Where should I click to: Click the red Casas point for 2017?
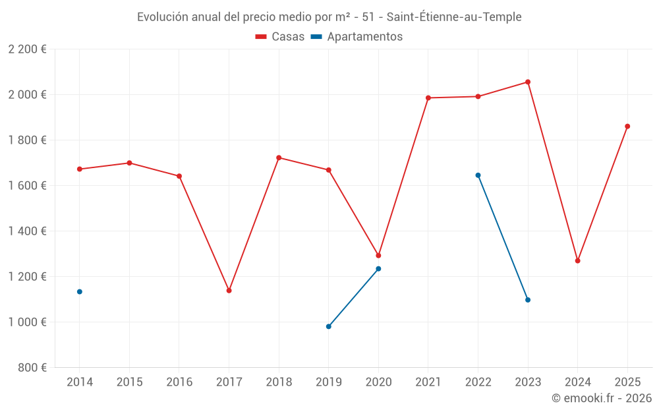[x=229, y=291]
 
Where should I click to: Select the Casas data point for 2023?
[x=528, y=82]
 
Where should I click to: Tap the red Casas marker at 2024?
[x=577, y=261]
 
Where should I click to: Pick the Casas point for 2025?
[x=627, y=126]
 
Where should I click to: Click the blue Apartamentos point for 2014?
[x=80, y=291]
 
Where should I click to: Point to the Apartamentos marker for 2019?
[x=328, y=326]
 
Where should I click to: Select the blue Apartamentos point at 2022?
[x=478, y=175]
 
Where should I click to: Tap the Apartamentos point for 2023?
[x=528, y=300]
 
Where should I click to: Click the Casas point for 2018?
[x=279, y=158]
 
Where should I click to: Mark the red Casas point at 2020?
[x=378, y=256]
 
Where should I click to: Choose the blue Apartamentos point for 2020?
[x=378, y=269]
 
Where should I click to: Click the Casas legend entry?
[x=280, y=37]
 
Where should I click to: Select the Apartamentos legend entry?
[x=357, y=37]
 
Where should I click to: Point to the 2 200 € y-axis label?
[x=27, y=49]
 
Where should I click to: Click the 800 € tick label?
[x=32, y=368]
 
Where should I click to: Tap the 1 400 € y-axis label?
[x=27, y=231]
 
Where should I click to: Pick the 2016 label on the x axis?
[x=179, y=382]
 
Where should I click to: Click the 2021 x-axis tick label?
[x=428, y=382]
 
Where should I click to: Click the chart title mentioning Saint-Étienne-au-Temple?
[x=329, y=17]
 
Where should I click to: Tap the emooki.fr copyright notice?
[x=602, y=398]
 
